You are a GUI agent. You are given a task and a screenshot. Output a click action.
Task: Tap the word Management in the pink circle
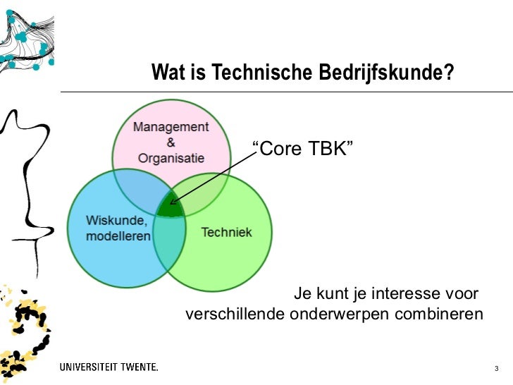(x=171, y=128)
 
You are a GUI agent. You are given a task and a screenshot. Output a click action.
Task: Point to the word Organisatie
(x=171, y=158)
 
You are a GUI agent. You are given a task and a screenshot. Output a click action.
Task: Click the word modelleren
(x=118, y=236)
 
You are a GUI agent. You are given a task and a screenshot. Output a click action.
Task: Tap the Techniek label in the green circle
(x=226, y=232)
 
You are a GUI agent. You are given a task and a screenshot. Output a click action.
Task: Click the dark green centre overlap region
(x=170, y=207)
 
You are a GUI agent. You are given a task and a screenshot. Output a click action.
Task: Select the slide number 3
(x=497, y=369)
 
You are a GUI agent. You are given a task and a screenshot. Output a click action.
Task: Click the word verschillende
(x=234, y=314)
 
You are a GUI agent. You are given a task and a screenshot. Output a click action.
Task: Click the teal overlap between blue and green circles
(x=168, y=243)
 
